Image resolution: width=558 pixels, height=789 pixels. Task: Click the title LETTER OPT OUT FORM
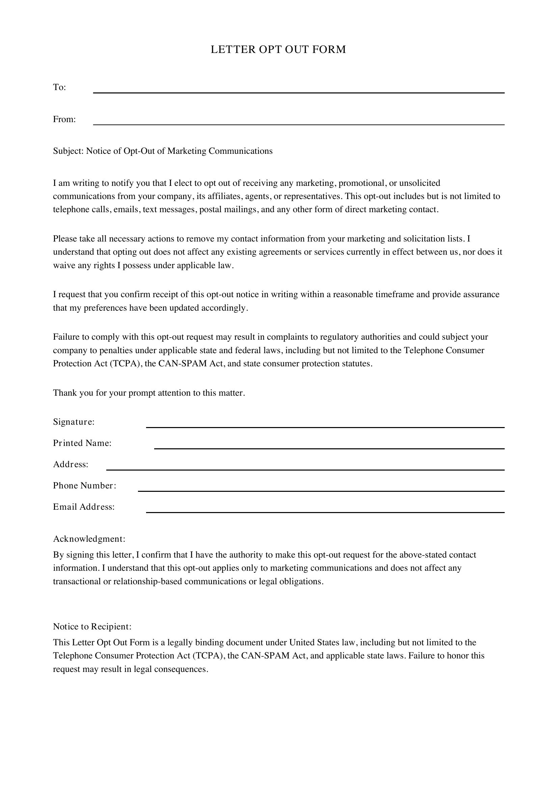coord(278,50)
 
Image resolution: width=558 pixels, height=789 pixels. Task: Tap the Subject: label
coord(68,151)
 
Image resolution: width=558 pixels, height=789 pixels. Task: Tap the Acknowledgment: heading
coord(89,539)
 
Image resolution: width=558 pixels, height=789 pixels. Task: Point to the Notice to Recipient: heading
coord(92,626)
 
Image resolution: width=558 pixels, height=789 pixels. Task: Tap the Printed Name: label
coord(82,443)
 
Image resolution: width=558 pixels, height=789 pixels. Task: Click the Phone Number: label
coord(85,485)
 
